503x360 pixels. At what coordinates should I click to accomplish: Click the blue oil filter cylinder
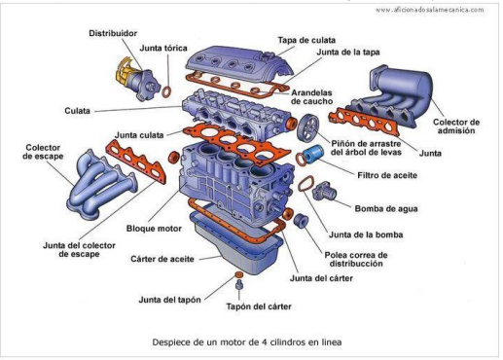point(312,154)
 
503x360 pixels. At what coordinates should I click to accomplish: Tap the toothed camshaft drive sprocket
point(307,127)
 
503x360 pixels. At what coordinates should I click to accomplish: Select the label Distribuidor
point(113,33)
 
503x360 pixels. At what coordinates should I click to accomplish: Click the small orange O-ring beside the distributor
point(166,91)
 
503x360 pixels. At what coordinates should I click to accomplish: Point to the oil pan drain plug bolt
point(239,285)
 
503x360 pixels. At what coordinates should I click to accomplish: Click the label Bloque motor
point(154,229)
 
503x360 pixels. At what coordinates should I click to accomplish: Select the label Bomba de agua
point(386,208)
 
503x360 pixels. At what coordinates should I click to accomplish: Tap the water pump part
point(324,191)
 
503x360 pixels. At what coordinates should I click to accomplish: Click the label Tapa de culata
point(306,40)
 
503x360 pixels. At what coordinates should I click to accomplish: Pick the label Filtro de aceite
point(387,175)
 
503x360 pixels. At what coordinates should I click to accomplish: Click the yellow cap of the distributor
point(124,70)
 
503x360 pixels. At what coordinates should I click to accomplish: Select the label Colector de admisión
point(456,126)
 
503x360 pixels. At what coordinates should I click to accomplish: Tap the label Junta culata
point(139,135)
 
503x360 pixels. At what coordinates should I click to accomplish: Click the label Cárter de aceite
point(162,259)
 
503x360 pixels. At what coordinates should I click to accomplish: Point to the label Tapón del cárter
point(259,306)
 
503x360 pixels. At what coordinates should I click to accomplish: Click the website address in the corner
point(430,10)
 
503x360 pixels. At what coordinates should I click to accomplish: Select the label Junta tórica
point(163,48)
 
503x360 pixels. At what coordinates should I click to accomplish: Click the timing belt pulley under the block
point(301,220)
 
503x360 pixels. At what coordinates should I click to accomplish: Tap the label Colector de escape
point(43,152)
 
